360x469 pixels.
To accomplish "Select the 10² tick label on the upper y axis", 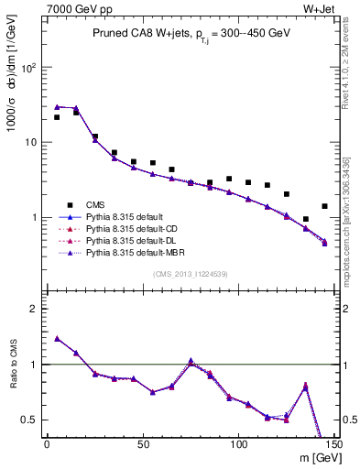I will coord(30,68).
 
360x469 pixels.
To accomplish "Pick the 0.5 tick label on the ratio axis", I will coord(30,420).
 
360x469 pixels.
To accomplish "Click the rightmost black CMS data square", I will coord(324,206).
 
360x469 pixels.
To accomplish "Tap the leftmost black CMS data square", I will coord(57,117).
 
